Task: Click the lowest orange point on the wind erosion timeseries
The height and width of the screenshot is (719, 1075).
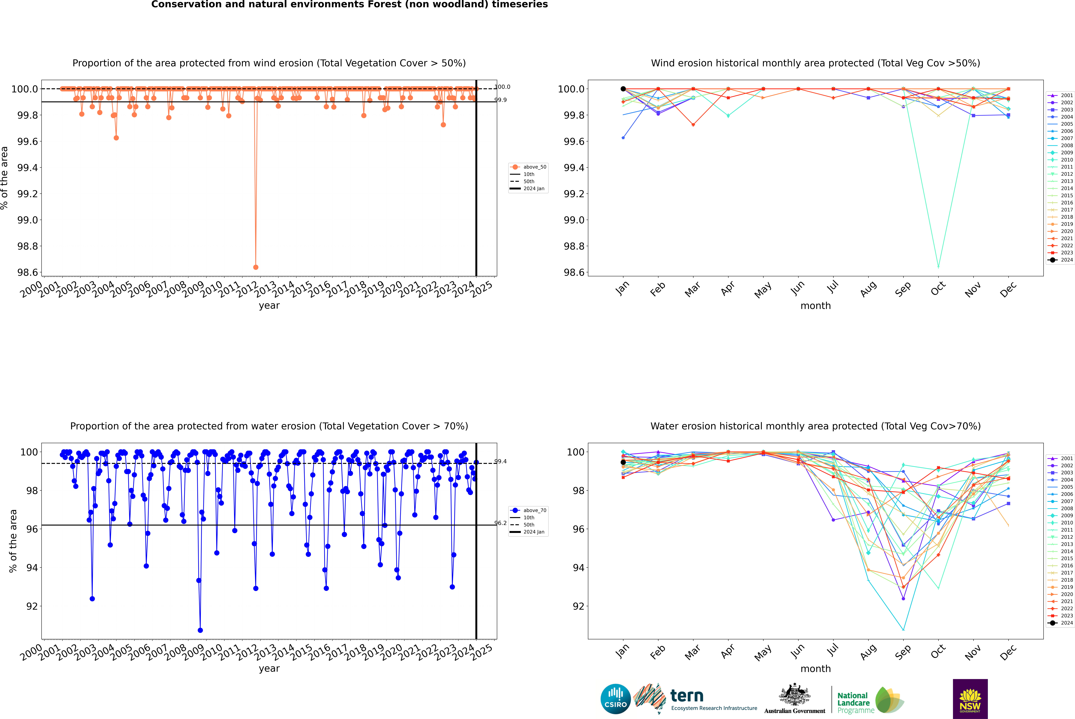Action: (256, 267)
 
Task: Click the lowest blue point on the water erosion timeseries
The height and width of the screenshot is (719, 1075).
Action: (200, 630)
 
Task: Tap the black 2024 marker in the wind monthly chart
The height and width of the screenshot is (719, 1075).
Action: (623, 89)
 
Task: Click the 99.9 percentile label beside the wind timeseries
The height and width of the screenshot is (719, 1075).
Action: (500, 100)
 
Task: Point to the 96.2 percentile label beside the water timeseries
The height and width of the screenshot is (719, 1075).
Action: (500, 523)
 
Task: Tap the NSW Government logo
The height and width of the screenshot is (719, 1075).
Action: (970, 699)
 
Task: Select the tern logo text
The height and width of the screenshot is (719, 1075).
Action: (686, 696)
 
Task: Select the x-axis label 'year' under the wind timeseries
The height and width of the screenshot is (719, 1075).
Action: (269, 305)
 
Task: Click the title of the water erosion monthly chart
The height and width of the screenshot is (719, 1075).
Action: (815, 426)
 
